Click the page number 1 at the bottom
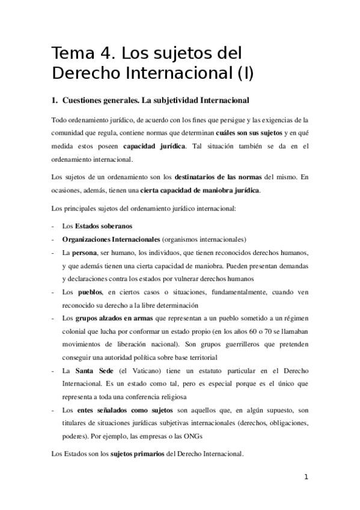click(x=306, y=478)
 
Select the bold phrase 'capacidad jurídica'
click(x=154, y=146)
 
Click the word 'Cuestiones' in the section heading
click(x=86, y=100)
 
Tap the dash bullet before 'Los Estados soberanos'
click(x=54, y=226)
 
